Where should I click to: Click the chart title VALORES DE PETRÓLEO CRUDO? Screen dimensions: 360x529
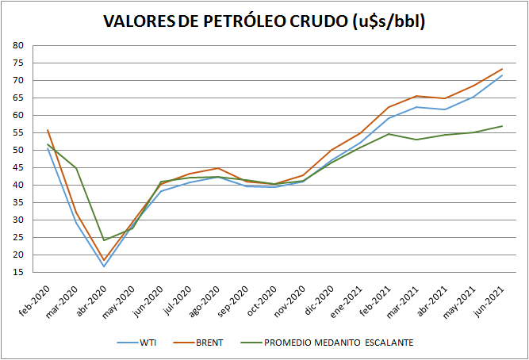point(265,21)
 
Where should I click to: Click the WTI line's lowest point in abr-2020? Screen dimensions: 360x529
point(104,266)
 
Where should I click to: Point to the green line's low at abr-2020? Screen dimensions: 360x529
point(104,239)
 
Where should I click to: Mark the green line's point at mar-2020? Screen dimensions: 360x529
point(75,168)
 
